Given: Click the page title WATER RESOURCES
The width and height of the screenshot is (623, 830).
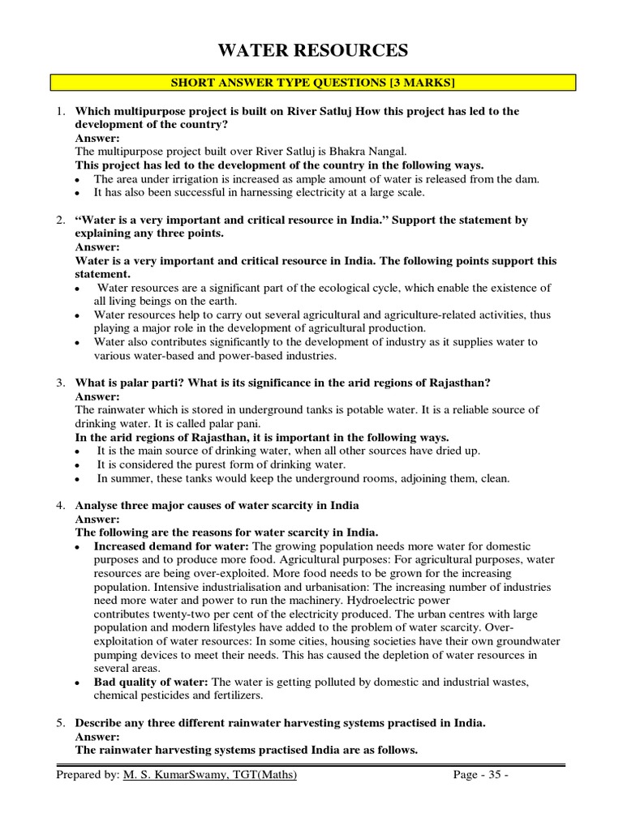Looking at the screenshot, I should point(312,51).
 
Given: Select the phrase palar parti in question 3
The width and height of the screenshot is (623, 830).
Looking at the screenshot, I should point(140,382).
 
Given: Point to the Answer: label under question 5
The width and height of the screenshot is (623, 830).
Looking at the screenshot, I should point(97,737).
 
